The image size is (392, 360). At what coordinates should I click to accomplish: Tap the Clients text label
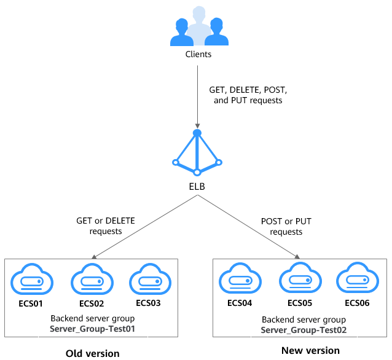(198, 54)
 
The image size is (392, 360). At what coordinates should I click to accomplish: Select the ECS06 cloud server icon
(356, 281)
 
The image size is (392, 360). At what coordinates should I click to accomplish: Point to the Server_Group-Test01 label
(92, 329)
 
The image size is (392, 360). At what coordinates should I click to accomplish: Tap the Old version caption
(92, 353)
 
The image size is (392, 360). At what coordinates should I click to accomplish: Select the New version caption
(310, 350)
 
